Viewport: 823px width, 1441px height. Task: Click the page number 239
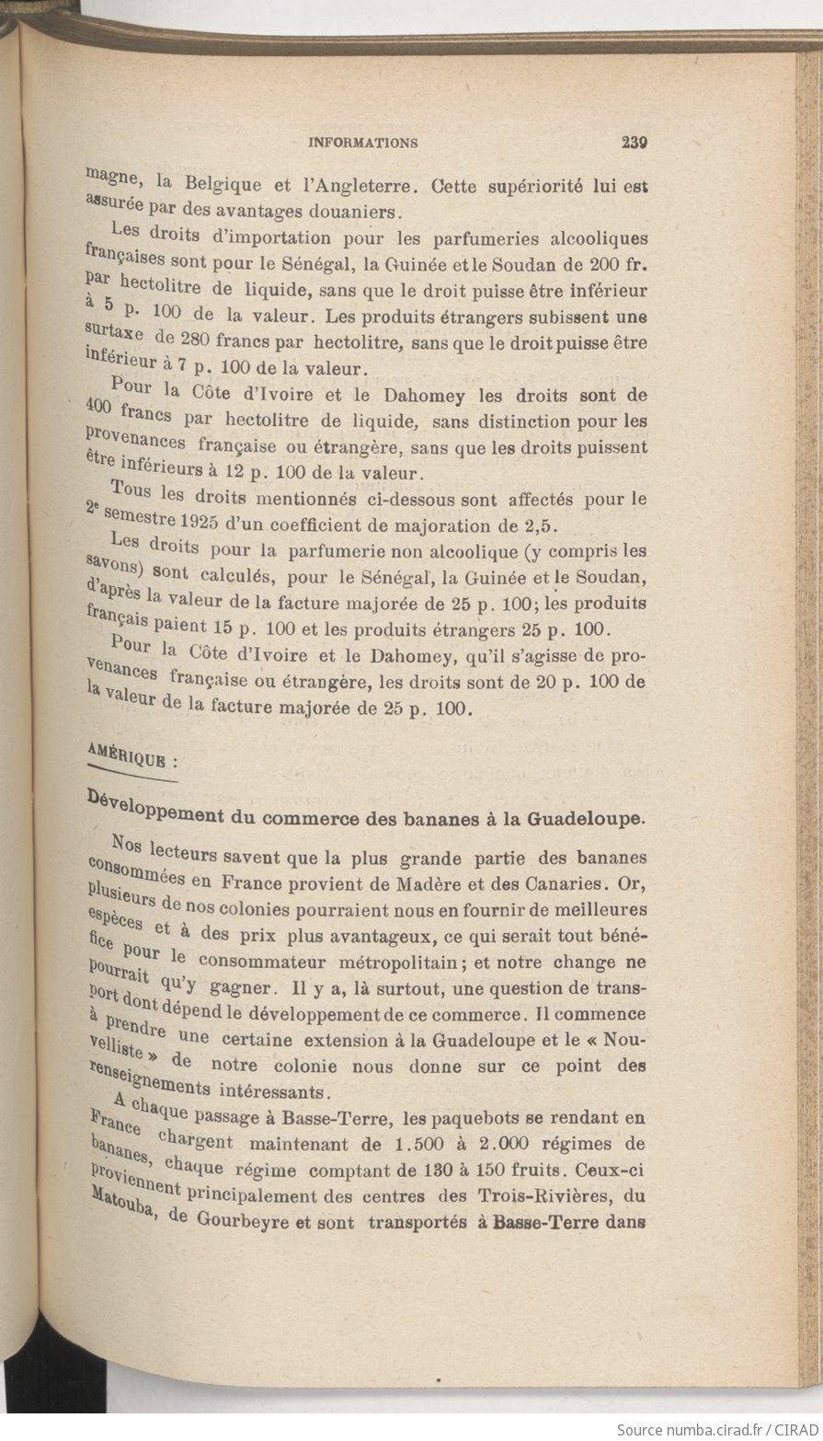(x=635, y=143)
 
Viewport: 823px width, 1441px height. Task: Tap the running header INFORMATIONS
(x=363, y=143)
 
